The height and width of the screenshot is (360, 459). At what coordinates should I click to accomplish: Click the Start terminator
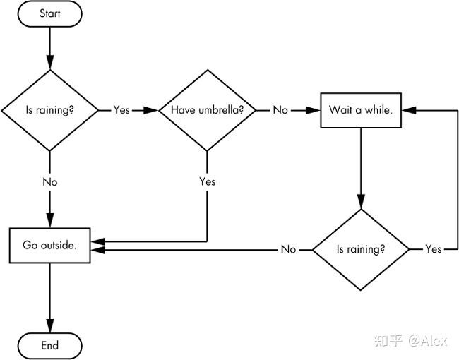[49, 13]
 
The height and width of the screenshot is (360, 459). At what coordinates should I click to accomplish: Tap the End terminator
[49, 346]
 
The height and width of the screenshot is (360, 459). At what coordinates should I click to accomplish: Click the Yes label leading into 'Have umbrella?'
[121, 110]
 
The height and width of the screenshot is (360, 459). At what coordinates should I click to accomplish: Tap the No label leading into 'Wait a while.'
[280, 110]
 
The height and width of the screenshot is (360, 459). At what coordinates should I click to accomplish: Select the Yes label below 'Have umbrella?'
[207, 181]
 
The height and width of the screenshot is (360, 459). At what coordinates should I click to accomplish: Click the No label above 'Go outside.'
[49, 182]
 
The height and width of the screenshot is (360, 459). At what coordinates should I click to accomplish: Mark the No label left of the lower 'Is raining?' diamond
[288, 249]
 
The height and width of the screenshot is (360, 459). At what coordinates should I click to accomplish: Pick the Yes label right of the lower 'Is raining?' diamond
[434, 249]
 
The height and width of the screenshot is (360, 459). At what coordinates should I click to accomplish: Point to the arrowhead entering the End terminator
[49, 325]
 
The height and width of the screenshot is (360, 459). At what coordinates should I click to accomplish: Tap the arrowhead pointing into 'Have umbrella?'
[151, 110]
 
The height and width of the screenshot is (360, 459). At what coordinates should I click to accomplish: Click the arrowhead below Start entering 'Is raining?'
[49, 62]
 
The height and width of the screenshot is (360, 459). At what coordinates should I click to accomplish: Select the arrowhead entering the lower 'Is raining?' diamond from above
[361, 202]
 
